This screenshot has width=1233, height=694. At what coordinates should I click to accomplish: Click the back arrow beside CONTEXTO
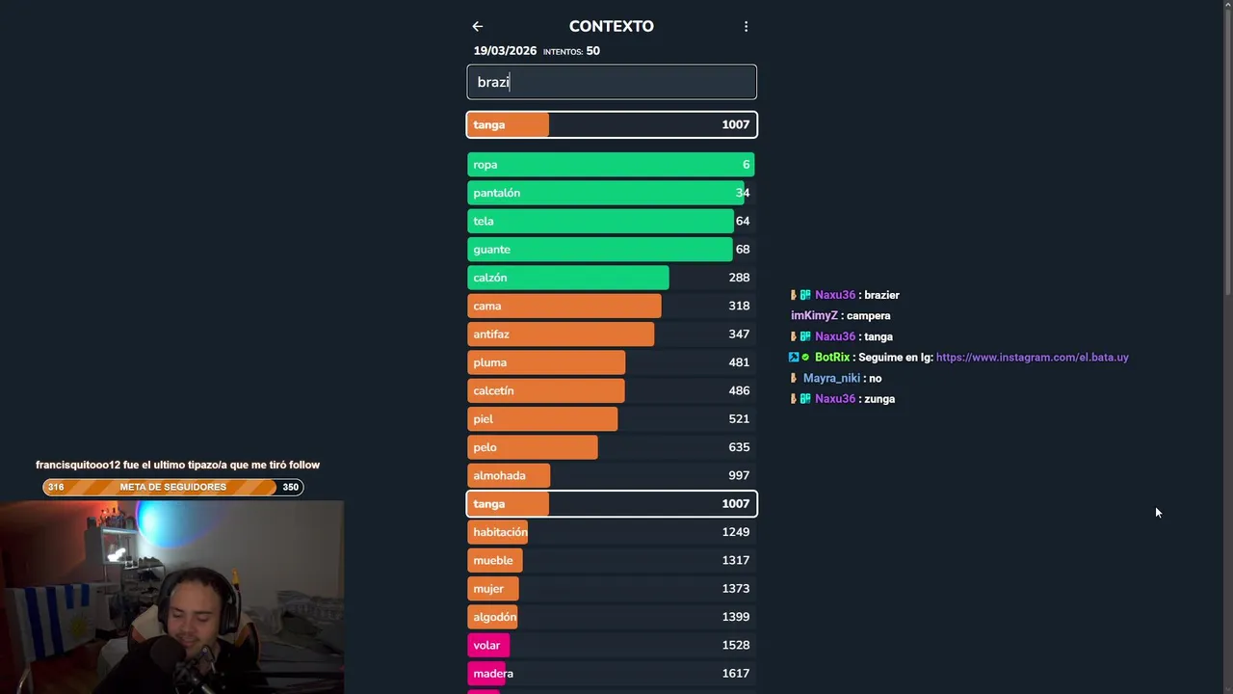point(477,27)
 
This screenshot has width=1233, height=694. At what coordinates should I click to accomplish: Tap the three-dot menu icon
point(746,27)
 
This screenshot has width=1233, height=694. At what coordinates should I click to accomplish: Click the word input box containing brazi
point(612,82)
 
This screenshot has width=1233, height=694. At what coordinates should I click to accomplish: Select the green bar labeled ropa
point(611,165)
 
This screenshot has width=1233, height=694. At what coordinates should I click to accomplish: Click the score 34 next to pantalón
point(742,193)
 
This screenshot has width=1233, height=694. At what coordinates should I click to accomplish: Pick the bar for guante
point(599,250)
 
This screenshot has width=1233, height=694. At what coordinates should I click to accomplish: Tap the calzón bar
point(568,278)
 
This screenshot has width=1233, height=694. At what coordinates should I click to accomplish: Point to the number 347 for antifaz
point(739,334)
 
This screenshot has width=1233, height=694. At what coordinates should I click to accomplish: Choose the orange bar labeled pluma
point(546,362)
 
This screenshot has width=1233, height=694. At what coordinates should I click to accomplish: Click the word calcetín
point(493,391)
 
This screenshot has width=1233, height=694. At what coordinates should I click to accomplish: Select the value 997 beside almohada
point(739,475)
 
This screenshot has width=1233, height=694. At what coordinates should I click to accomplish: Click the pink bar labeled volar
point(488,645)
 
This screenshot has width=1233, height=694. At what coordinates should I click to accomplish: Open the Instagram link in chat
point(1032,358)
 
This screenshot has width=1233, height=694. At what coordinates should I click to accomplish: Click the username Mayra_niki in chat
point(831,379)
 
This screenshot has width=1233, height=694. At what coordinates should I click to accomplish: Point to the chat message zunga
point(879,399)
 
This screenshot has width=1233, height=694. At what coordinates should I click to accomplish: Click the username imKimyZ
point(814,316)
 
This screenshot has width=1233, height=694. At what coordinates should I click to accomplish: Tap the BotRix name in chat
point(832,358)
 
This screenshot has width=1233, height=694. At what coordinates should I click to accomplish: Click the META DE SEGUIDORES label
point(173,487)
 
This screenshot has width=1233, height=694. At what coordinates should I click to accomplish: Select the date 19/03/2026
point(505,51)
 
